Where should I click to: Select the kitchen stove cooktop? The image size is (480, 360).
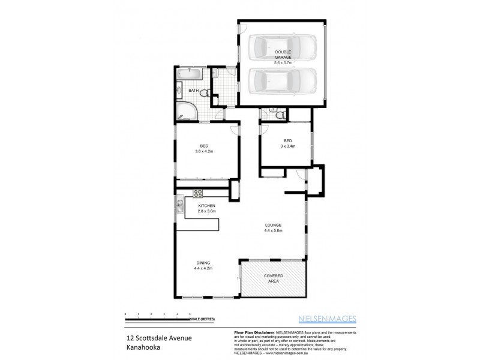point(198,193)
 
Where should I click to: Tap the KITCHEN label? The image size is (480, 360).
point(206,206)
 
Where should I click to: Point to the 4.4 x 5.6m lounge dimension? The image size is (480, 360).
point(274,231)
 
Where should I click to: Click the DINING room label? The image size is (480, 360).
point(204,263)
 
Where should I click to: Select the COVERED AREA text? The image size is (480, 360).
point(274,278)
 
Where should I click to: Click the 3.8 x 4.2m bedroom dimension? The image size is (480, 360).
point(204,151)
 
